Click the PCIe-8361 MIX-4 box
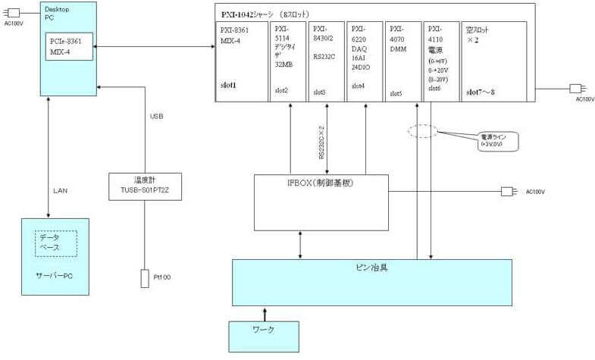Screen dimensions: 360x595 coord(69,45)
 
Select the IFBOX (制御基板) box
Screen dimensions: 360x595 coord(321,193)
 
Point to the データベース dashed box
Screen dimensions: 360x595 coord(55,243)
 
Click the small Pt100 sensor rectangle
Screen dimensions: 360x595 coord(144,278)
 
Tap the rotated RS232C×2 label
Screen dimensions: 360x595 coord(321,142)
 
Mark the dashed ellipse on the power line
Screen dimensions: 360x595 coord(423,130)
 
